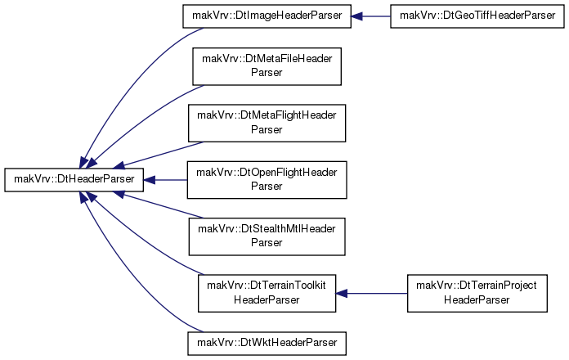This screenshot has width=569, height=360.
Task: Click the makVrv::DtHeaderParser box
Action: click(74, 179)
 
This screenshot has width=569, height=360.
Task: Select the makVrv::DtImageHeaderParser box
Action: click(267, 16)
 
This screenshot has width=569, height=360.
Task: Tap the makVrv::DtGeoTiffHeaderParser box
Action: click(477, 16)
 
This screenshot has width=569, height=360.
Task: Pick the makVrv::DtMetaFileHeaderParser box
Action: click(267, 66)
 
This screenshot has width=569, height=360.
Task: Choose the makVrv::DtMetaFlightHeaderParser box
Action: click(267, 124)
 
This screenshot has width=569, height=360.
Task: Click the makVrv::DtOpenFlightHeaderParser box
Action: click(267, 180)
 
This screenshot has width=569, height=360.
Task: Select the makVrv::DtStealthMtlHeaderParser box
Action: click(267, 236)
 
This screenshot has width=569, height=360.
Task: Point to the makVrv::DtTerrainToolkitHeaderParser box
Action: click(267, 293)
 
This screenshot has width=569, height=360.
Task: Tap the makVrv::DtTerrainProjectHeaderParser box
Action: click(477, 293)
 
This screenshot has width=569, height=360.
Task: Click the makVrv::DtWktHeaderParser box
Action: click(267, 344)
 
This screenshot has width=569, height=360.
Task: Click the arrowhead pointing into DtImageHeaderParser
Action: click(356, 16)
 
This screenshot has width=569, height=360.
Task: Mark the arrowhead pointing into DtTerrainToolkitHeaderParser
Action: click(342, 293)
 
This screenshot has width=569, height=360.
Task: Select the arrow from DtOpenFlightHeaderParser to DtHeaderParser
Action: click(165, 180)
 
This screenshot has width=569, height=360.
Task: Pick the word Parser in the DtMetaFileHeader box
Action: click(267, 72)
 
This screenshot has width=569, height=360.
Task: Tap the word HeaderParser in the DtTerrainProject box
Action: click(477, 299)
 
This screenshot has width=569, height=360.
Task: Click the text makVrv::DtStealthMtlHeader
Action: click(267, 229)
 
